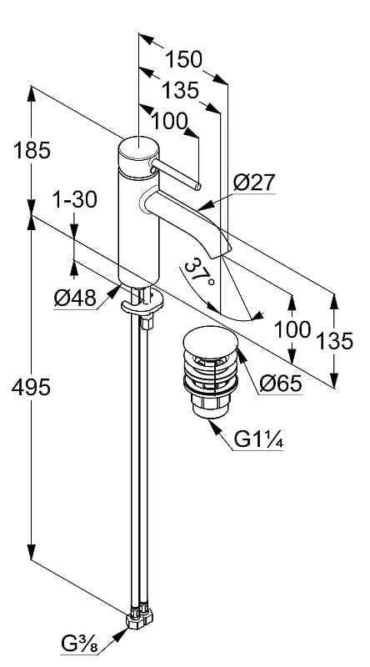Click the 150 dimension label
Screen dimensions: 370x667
183,59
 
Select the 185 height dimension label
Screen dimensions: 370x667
32,151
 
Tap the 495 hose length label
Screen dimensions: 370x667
31,388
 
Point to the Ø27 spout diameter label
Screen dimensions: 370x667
254,183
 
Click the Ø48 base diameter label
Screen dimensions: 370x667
75,298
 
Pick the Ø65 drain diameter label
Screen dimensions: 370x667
281,384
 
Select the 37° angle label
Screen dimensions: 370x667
197,273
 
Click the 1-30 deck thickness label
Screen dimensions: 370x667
75,200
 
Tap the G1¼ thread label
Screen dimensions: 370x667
258,440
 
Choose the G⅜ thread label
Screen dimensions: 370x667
80,644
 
